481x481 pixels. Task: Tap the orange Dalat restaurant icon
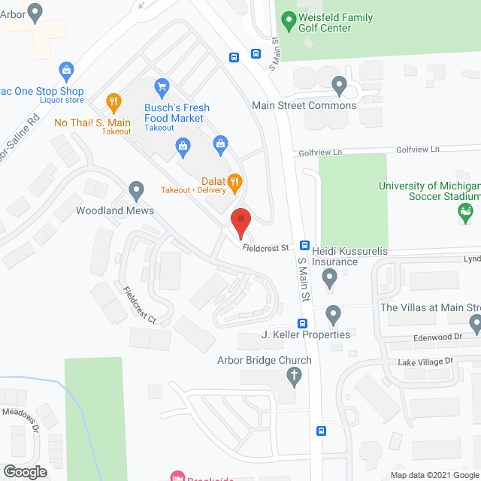click(x=234, y=180)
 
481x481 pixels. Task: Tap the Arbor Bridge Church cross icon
click(x=294, y=377)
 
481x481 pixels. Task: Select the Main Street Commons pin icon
click(x=339, y=88)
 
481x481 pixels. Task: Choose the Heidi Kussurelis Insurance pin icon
click(x=329, y=280)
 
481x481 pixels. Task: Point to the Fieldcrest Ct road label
click(x=140, y=305)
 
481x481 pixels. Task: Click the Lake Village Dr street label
click(x=425, y=362)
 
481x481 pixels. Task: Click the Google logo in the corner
click(x=24, y=471)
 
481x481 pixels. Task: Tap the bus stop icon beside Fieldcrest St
click(x=305, y=245)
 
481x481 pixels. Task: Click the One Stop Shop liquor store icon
click(x=66, y=71)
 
